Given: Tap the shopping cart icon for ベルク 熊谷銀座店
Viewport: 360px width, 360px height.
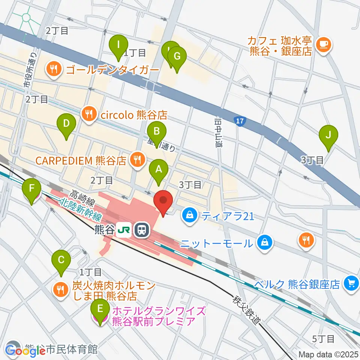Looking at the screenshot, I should (x=351, y=282).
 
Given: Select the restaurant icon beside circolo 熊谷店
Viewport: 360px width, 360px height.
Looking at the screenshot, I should (x=89, y=113).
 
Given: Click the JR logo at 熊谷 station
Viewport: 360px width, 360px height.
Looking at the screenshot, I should (x=124, y=229).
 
